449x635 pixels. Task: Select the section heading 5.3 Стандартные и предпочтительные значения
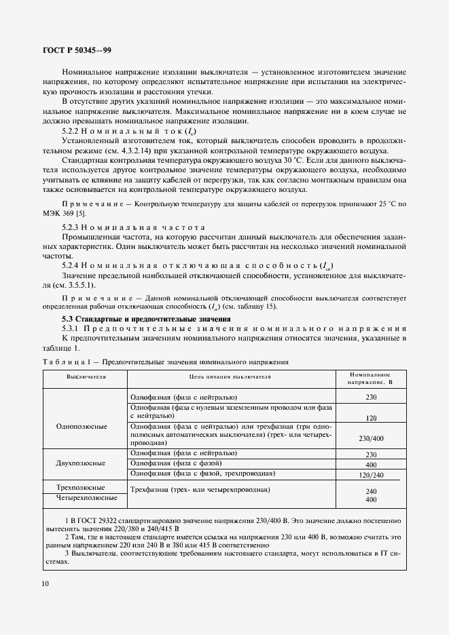(x=146, y=318)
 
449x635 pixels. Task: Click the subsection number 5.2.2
(x=73, y=131)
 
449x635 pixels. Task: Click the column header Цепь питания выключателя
(x=230, y=376)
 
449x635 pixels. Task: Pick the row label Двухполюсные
(x=85, y=463)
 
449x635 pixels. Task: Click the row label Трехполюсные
(x=85, y=488)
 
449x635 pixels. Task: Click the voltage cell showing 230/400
(x=370, y=438)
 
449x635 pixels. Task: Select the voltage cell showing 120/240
(x=370, y=475)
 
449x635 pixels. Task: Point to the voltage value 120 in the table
(x=370, y=418)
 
